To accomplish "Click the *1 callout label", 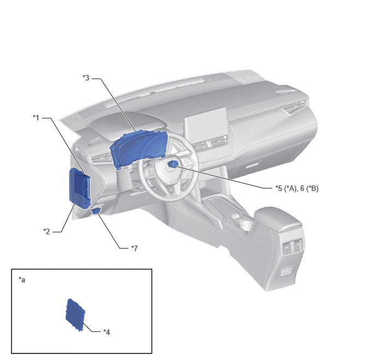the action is pos(36,118).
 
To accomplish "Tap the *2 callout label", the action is pos(46,231).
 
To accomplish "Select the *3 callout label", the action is pos(86,78).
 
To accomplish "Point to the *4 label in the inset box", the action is pos(107,332).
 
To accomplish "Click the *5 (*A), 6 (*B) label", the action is pos(297,189).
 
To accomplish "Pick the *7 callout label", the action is pos(134,248).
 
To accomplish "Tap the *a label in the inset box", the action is pos(22,280).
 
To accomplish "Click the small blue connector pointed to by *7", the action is pos(96,211).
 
